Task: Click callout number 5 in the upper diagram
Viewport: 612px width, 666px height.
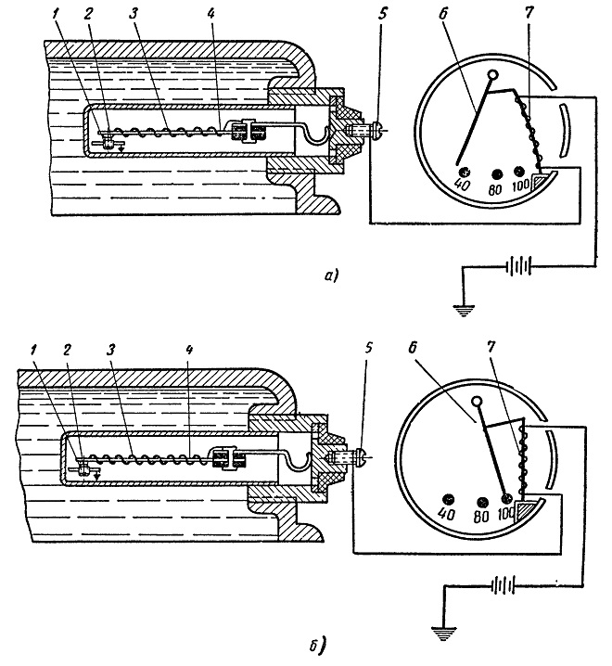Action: [383, 14]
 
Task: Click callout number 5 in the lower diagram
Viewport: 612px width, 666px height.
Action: [368, 348]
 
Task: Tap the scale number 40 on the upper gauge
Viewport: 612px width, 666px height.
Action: [462, 185]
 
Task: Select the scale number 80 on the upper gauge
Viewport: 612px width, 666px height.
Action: [495, 189]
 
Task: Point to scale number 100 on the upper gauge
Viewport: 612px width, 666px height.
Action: [521, 186]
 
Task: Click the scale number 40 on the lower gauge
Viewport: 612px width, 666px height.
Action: [446, 514]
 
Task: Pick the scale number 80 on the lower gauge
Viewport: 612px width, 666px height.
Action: [481, 517]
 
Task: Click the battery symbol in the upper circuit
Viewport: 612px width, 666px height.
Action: [518, 267]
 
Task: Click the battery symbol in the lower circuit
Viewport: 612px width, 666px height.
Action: [504, 585]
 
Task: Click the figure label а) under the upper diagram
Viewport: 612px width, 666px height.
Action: [331, 276]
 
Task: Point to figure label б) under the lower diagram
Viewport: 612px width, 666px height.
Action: [317, 646]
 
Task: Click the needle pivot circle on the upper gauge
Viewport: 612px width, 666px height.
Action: [493, 76]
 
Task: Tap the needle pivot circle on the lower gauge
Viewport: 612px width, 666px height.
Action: [477, 401]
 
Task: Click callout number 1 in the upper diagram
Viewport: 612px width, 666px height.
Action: [56, 14]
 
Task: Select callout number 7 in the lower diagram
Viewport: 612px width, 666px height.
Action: [491, 347]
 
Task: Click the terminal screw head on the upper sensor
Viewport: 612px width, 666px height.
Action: [377, 129]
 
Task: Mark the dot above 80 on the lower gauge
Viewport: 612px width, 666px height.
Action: [481, 503]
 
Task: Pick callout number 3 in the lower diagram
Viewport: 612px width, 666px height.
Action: [110, 350]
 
